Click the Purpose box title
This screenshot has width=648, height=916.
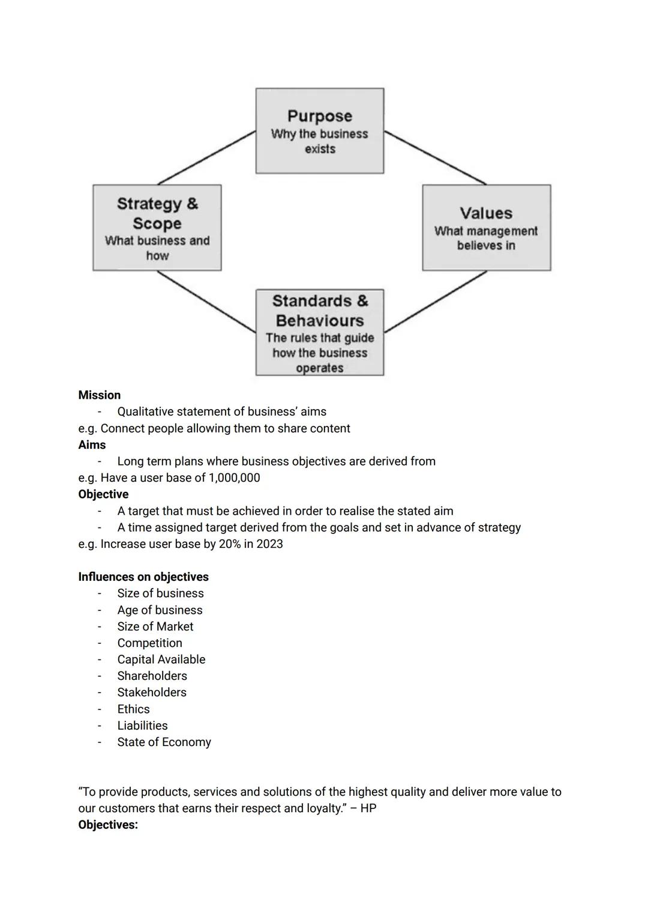pos(319,116)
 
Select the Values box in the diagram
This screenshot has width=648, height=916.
pos(486,228)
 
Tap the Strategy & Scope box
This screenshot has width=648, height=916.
pos(157,228)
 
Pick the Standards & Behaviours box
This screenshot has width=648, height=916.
pos(319,332)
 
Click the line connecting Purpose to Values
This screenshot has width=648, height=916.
pos(434,157)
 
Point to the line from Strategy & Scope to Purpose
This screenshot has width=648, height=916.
pos(206,157)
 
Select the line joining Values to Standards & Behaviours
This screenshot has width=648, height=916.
pos(434,302)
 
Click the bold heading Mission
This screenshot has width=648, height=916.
pos(99,395)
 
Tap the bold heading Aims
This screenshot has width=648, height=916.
pos(92,445)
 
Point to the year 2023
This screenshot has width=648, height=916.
pos(269,544)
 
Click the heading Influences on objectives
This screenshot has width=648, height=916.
pos(143,577)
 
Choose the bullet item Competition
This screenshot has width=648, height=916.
pos(149,643)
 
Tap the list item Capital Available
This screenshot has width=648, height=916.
pos(161,660)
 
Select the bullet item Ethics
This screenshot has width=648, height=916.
pos(133,709)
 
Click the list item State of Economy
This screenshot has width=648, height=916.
pos(164,742)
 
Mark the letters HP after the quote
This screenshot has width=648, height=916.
pos(368,808)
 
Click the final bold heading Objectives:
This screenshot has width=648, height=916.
pos(108,825)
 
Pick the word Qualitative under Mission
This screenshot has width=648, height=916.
pos(148,412)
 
